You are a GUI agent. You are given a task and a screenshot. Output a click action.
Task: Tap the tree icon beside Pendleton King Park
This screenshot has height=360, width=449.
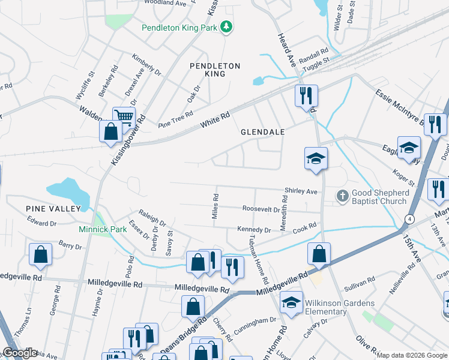pos(226,27)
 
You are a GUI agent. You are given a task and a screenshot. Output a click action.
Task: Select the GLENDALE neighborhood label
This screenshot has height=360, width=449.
pos(262,131)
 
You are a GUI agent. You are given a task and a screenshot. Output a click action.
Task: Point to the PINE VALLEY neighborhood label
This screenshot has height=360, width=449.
pos(53,208)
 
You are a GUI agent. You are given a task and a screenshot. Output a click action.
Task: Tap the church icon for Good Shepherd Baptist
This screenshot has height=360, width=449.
pos(342,196)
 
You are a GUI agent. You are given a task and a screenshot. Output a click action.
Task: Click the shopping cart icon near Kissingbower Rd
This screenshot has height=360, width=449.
pos(124,116)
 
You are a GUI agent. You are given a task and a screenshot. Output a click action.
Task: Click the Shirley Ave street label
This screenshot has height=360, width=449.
pos(300,191)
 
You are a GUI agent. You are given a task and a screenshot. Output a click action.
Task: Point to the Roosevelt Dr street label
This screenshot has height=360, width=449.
pos(262,209)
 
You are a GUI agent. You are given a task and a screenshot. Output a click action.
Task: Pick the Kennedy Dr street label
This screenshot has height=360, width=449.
pos(254,229)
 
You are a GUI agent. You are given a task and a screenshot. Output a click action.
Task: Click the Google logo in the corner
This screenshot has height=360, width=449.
pos(20,353)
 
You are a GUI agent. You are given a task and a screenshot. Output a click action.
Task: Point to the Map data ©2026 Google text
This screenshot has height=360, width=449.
pos(412,355)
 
